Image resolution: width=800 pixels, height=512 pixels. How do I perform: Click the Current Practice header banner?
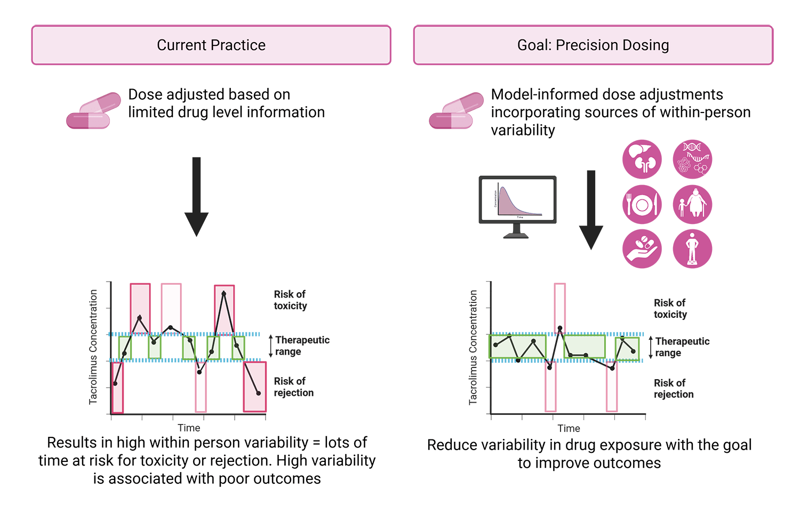(211, 45)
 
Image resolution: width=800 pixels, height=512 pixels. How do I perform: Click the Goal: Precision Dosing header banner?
(593, 45)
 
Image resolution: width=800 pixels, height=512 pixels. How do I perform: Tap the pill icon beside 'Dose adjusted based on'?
(93, 111)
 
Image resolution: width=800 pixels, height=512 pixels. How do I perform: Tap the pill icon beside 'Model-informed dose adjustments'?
(456, 111)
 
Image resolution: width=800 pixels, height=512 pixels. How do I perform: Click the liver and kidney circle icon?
(642, 159)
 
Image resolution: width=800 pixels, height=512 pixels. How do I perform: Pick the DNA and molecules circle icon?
(692, 159)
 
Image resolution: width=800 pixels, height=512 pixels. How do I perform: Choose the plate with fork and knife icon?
(642, 204)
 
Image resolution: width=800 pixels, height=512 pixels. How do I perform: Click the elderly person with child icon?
(692, 204)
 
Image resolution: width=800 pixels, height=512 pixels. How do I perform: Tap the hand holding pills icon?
(642, 249)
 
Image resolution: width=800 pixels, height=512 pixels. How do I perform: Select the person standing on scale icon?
(692, 249)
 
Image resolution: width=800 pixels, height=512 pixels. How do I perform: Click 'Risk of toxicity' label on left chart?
(290, 300)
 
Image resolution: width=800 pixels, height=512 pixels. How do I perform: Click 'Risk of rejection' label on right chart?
(674, 389)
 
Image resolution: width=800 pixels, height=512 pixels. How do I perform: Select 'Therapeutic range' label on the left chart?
(302, 346)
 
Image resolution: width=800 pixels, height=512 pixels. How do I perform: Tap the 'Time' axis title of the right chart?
(569, 428)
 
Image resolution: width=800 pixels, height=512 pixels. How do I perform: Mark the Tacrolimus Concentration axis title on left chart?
(94, 347)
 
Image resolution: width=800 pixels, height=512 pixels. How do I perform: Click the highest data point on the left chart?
(224, 293)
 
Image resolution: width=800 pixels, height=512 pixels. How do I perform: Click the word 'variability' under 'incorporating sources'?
(523, 130)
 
